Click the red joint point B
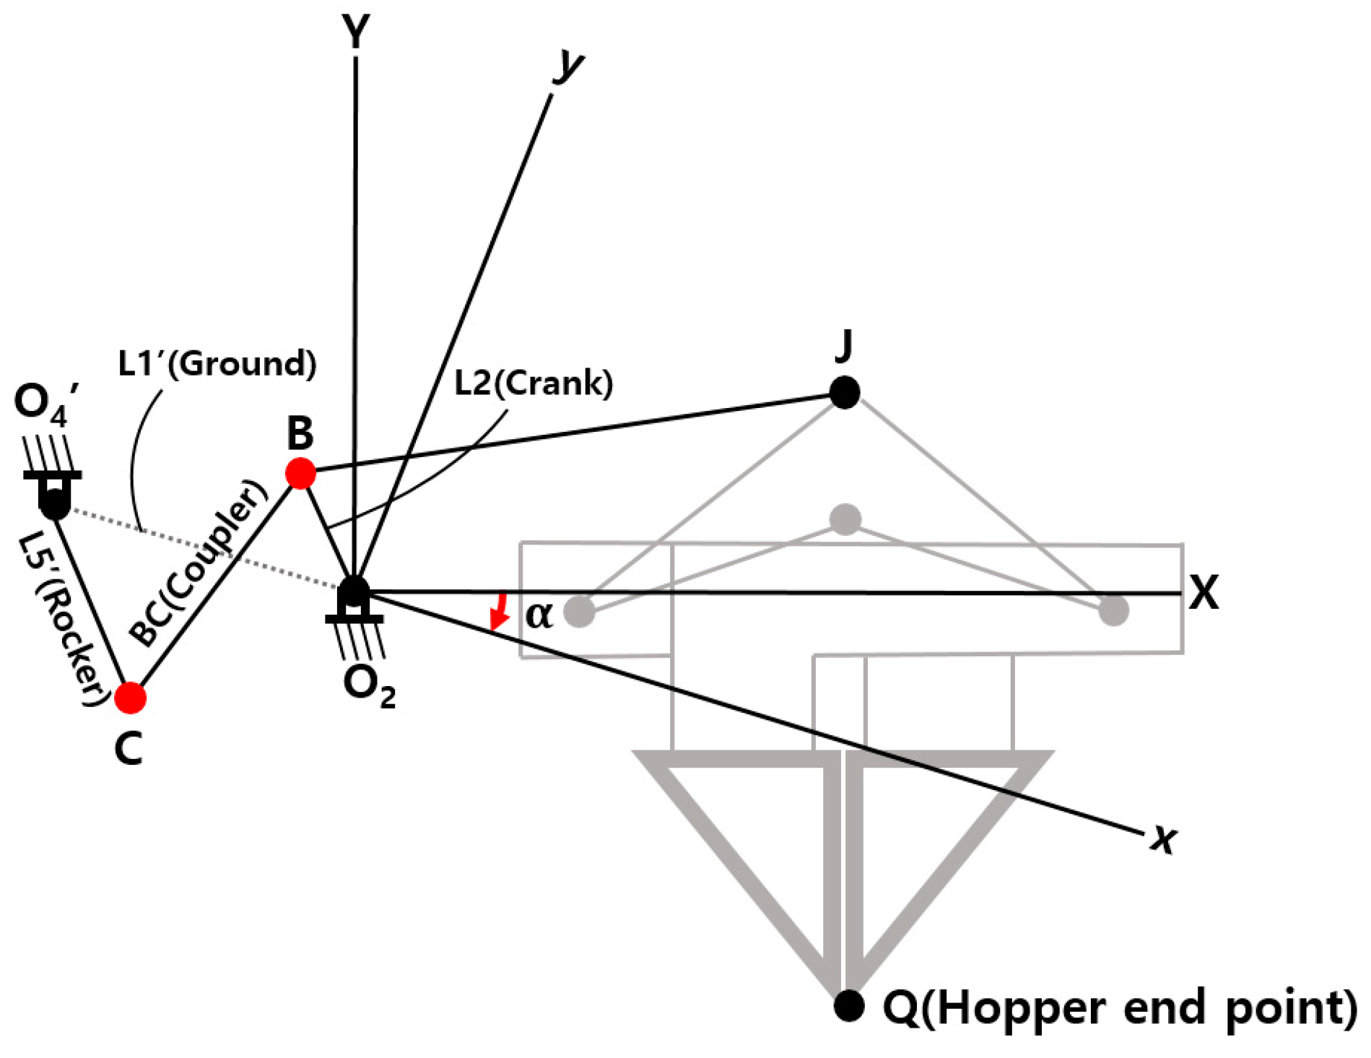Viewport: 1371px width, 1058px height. [x=300, y=474]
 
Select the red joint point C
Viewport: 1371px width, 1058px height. [x=131, y=697]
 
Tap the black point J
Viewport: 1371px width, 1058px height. [x=845, y=392]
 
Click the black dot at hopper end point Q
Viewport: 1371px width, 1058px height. [x=849, y=1005]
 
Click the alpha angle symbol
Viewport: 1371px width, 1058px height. [x=539, y=615]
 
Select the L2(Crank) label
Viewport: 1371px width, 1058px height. [x=534, y=383]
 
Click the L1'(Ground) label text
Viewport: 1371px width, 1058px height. [x=217, y=363]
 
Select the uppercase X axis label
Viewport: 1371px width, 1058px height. [x=1204, y=593]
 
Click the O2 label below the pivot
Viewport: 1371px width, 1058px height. [x=369, y=685]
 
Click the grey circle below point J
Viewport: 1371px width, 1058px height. [x=845, y=519]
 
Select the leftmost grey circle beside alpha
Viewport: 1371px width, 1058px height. [x=579, y=611]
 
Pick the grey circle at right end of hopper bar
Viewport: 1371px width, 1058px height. [x=1113, y=611]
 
